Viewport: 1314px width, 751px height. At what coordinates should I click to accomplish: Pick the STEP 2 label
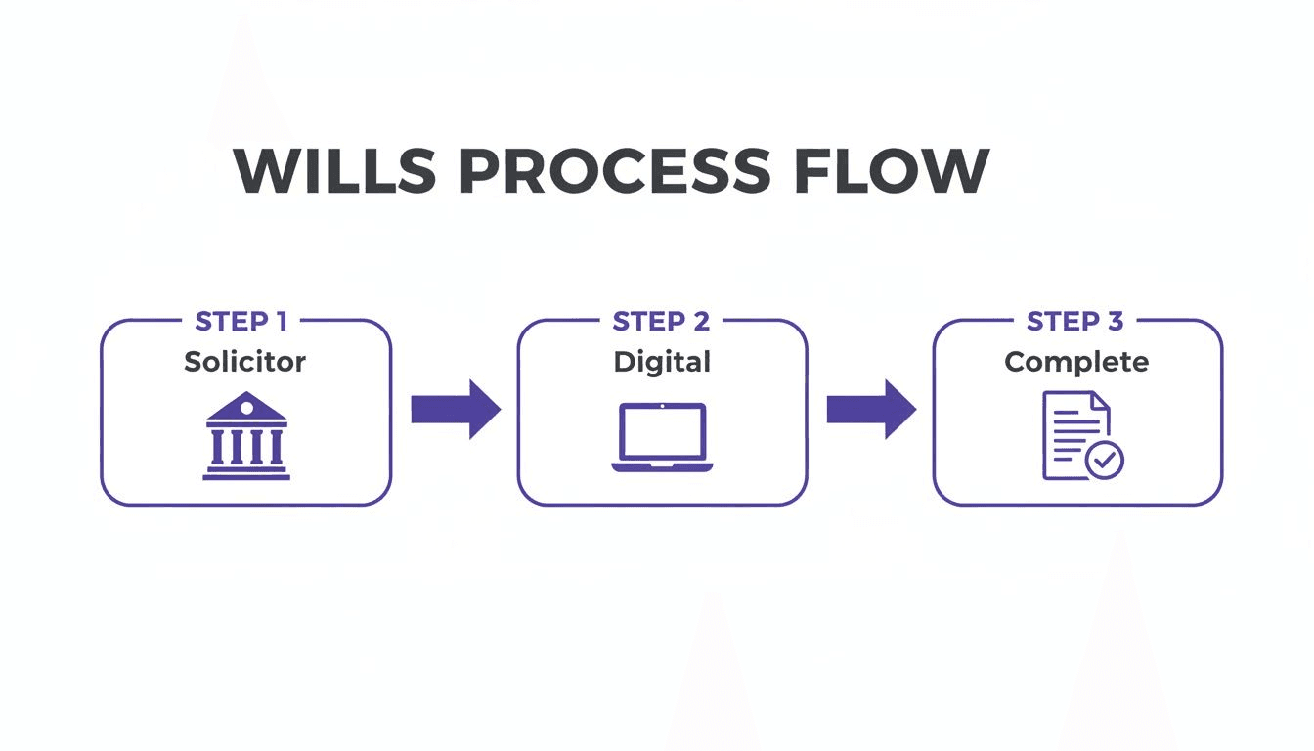click(662, 322)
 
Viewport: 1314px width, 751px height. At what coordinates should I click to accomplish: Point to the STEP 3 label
click(1076, 322)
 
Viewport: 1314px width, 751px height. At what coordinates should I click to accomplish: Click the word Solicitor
click(245, 362)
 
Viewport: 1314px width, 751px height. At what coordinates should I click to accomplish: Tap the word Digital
click(662, 362)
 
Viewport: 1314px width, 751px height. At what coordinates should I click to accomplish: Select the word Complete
click(1076, 362)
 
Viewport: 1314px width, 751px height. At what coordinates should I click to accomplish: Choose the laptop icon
click(662, 437)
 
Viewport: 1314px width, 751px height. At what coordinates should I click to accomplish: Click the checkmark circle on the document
click(1106, 460)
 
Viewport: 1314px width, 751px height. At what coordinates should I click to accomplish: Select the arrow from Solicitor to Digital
click(455, 409)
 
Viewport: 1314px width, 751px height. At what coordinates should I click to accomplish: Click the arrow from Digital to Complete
click(871, 409)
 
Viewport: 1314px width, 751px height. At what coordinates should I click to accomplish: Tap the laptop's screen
click(662, 431)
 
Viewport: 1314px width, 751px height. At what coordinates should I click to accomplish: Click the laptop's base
click(662, 466)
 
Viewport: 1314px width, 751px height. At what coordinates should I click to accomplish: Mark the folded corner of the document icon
click(1100, 401)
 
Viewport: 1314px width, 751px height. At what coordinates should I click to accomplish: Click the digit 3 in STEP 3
click(1115, 322)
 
